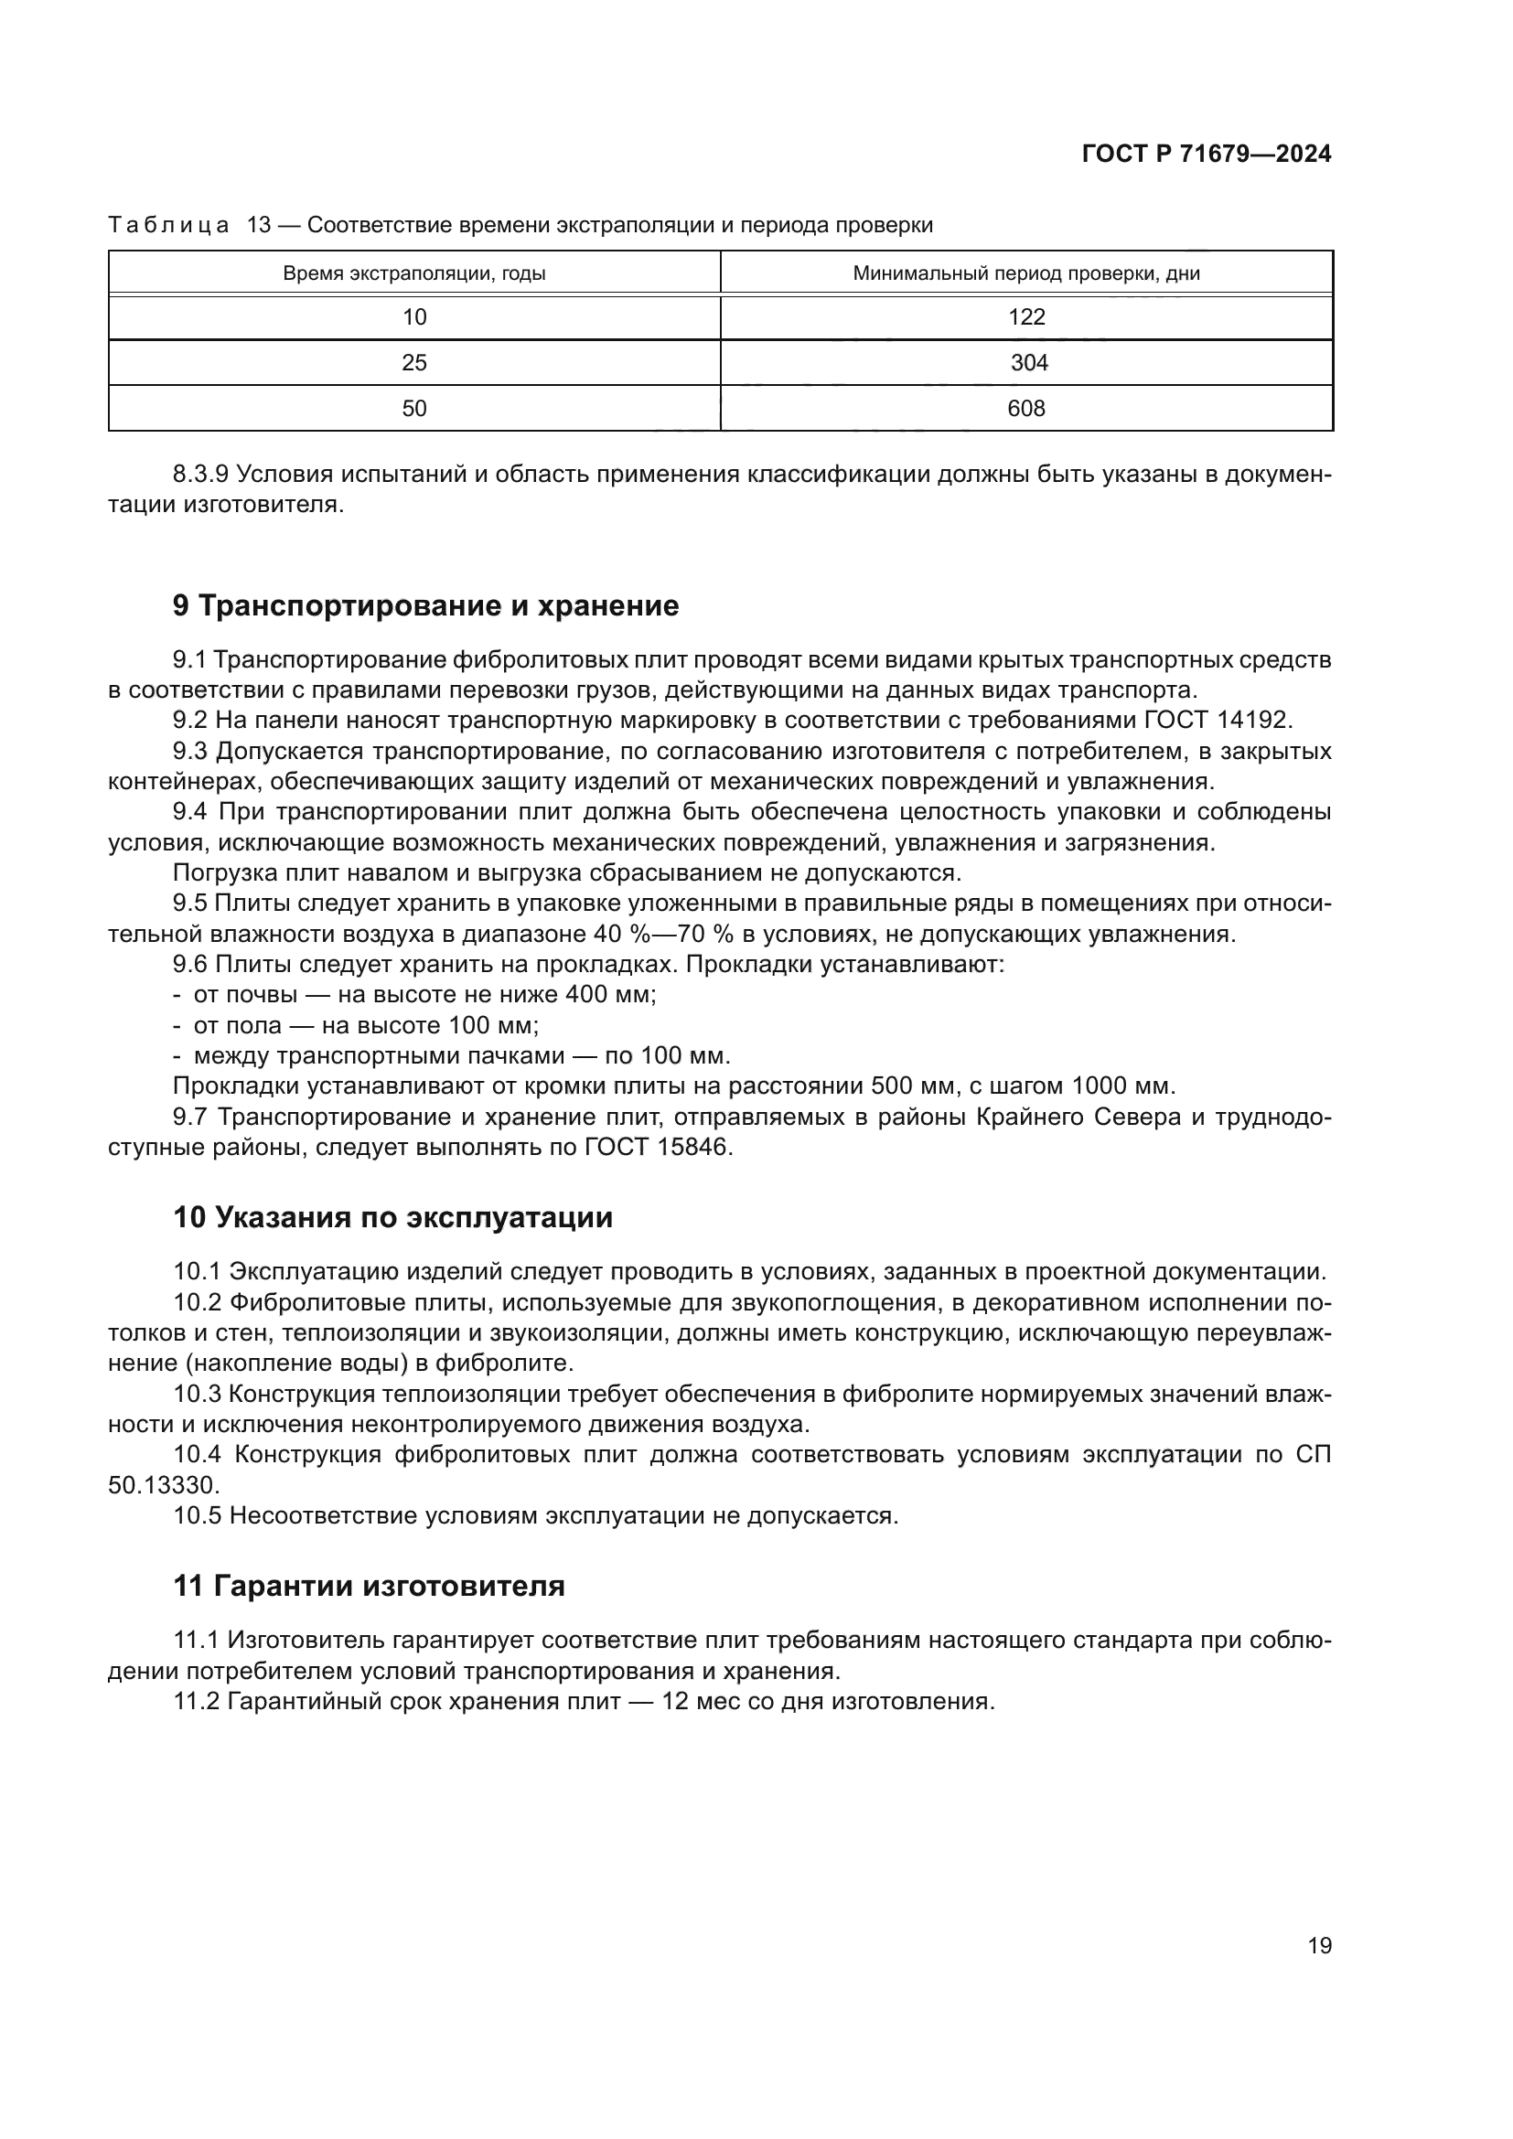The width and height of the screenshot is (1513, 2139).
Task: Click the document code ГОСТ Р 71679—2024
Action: coord(1207,155)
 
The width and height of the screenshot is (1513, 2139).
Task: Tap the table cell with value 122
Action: coord(1025,317)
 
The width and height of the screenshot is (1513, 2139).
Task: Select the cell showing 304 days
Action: coord(1028,363)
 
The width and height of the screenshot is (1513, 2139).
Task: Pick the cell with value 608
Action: coord(1025,409)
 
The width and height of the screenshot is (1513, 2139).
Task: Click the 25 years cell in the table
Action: coord(413,363)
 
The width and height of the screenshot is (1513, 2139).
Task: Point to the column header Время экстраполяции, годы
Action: coord(413,274)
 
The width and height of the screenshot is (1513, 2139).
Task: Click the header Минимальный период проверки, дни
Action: coord(1025,274)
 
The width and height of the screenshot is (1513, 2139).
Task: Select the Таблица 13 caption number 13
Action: coord(258,226)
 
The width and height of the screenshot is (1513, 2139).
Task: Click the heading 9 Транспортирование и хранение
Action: coord(425,606)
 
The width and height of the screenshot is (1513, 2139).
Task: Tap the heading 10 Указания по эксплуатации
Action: coord(392,1217)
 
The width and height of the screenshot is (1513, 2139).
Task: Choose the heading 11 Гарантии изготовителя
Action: coord(369,1586)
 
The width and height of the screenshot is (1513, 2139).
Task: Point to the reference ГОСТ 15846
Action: coord(658,1148)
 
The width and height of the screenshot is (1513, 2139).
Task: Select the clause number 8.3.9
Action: coord(200,476)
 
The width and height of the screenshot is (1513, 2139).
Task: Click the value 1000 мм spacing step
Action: coord(1122,1086)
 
